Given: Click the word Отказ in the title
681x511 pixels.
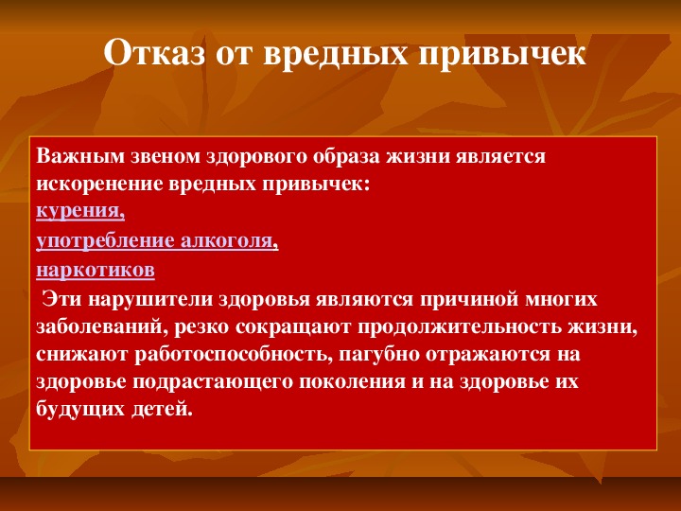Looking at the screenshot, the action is [154, 52].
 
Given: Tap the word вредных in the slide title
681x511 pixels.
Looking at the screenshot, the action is [336, 53].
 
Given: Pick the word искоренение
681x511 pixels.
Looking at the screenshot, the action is [99, 185].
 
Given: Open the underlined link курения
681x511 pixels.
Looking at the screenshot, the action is [80, 212].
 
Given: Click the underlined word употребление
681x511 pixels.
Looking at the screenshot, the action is [105, 241].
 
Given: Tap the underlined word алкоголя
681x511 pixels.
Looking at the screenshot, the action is [229, 241].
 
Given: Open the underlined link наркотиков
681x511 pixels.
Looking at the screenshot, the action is [96, 271].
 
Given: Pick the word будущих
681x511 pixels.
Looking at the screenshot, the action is [80, 410].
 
